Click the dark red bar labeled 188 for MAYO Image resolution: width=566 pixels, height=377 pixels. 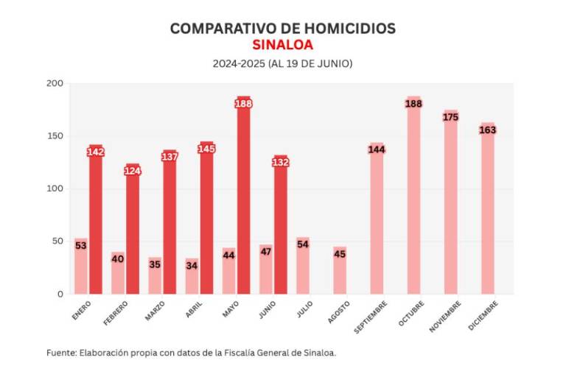tap(243, 199)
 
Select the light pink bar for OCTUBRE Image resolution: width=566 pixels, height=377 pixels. tap(413, 199)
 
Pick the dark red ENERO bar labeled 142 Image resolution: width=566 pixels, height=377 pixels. tap(96, 221)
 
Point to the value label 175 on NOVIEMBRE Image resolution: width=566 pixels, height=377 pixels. tap(450, 116)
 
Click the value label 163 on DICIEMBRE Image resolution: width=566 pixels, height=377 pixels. tap(487, 130)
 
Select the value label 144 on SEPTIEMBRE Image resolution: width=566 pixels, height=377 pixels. tap(377, 149)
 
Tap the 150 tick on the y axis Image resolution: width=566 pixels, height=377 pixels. tap(55, 136)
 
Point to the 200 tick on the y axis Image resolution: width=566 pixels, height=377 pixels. tap(55, 83)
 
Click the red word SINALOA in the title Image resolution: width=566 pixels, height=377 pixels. tap(282, 44)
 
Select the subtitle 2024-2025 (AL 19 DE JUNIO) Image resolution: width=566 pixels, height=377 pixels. tap(282, 64)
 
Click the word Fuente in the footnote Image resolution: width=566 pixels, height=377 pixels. tap(61, 353)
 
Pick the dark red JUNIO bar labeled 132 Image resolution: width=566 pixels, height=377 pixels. tap(280, 228)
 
